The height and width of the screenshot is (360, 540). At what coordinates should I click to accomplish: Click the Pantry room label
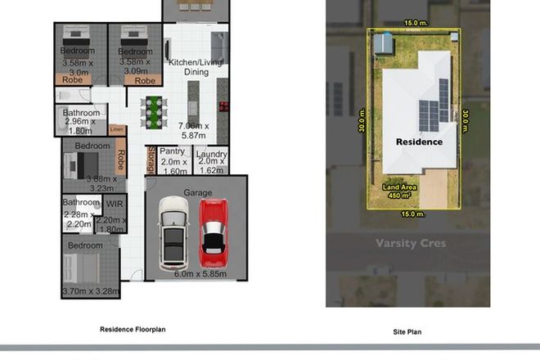coord(172,151)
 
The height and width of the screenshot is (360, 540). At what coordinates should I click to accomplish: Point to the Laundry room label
coord(211,152)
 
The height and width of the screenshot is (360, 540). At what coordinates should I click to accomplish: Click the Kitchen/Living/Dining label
coord(196,67)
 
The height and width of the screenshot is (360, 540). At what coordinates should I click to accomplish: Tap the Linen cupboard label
coord(117,129)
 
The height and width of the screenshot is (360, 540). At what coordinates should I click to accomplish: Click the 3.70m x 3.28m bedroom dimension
coord(90,290)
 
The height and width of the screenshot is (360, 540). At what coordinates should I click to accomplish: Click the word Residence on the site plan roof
coord(420,142)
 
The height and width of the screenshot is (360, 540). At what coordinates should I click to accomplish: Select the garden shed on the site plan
coord(384,43)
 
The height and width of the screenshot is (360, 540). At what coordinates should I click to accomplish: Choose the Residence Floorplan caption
coord(133,329)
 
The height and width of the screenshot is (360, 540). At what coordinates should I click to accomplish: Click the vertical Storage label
coord(151,160)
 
